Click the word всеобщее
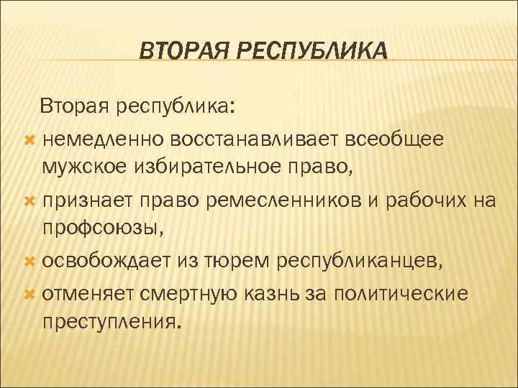386,138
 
